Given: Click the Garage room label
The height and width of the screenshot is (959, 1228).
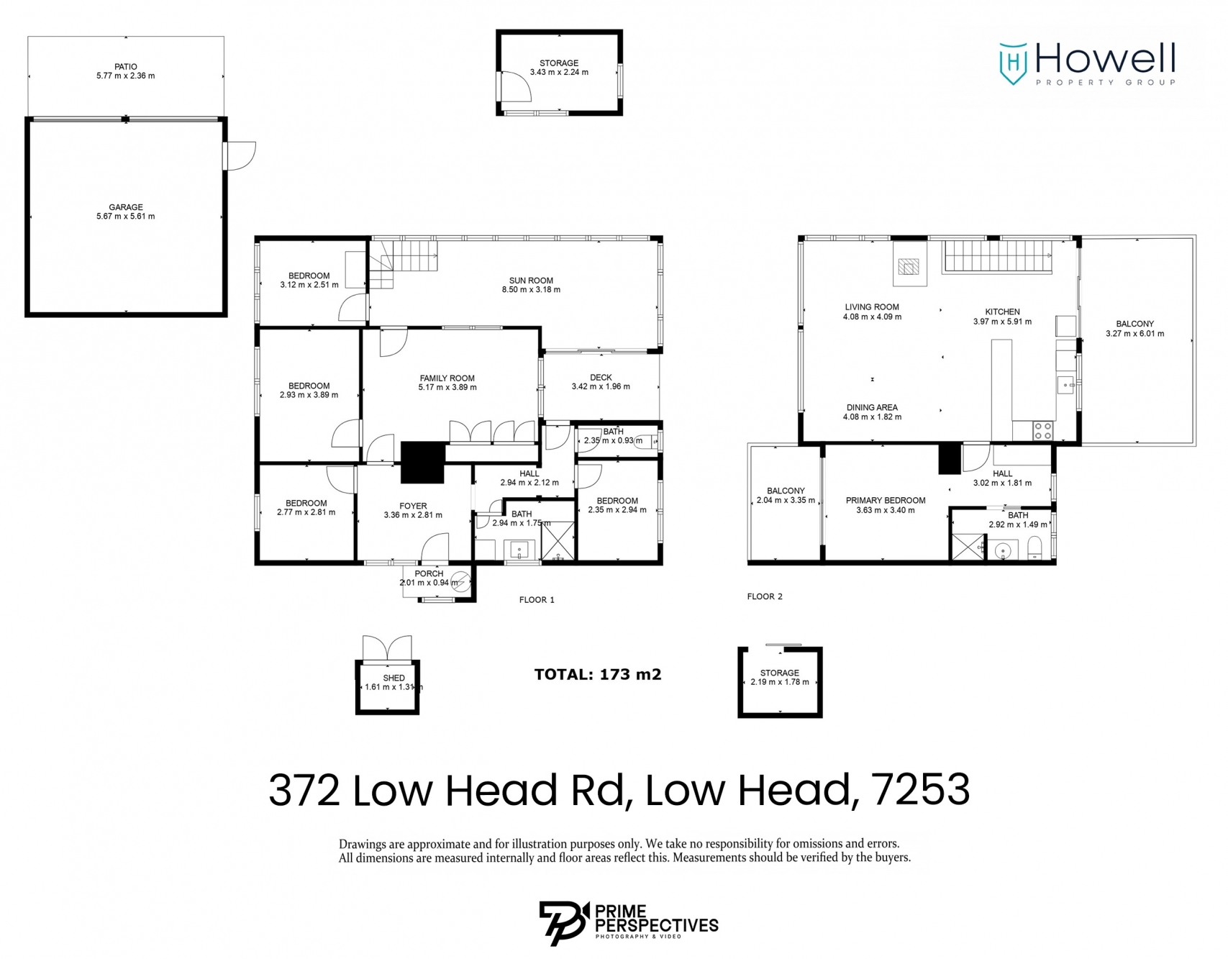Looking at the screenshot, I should pyautogui.click(x=126, y=207).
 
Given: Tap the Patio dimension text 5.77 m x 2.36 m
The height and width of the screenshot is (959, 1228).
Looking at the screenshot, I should pyautogui.click(x=126, y=76).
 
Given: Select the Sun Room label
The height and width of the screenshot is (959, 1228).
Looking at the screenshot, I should pyautogui.click(x=531, y=281).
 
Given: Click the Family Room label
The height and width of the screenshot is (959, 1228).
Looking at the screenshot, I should pyautogui.click(x=447, y=378).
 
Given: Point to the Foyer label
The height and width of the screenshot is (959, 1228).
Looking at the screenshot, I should pyautogui.click(x=413, y=506).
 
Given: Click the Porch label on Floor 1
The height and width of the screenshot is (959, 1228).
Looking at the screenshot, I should pyautogui.click(x=429, y=573).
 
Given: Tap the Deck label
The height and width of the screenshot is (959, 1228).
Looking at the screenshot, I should pyautogui.click(x=601, y=377).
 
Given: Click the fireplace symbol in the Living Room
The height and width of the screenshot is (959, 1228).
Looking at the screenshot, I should pyautogui.click(x=909, y=268).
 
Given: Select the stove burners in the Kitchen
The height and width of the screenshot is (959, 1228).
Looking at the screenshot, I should pyautogui.click(x=1042, y=431).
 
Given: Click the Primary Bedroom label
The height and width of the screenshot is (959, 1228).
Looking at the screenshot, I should pyautogui.click(x=886, y=500).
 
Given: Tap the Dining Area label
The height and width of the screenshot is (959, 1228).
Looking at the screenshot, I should pyautogui.click(x=872, y=407).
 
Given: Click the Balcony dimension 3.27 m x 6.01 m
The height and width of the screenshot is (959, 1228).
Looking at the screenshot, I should pyautogui.click(x=1134, y=334).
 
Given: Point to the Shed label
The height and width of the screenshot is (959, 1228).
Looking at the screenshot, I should pyautogui.click(x=394, y=678).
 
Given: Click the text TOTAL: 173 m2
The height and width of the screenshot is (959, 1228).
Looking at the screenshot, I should pyautogui.click(x=598, y=674).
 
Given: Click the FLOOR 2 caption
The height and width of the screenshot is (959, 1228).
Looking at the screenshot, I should pyautogui.click(x=765, y=596).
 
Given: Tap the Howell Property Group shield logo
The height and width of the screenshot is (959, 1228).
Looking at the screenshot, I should pyautogui.click(x=1013, y=63).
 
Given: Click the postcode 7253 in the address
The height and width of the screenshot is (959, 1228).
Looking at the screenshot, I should pyautogui.click(x=921, y=790).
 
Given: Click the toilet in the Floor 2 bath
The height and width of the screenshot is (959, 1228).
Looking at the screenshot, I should pyautogui.click(x=1034, y=550).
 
